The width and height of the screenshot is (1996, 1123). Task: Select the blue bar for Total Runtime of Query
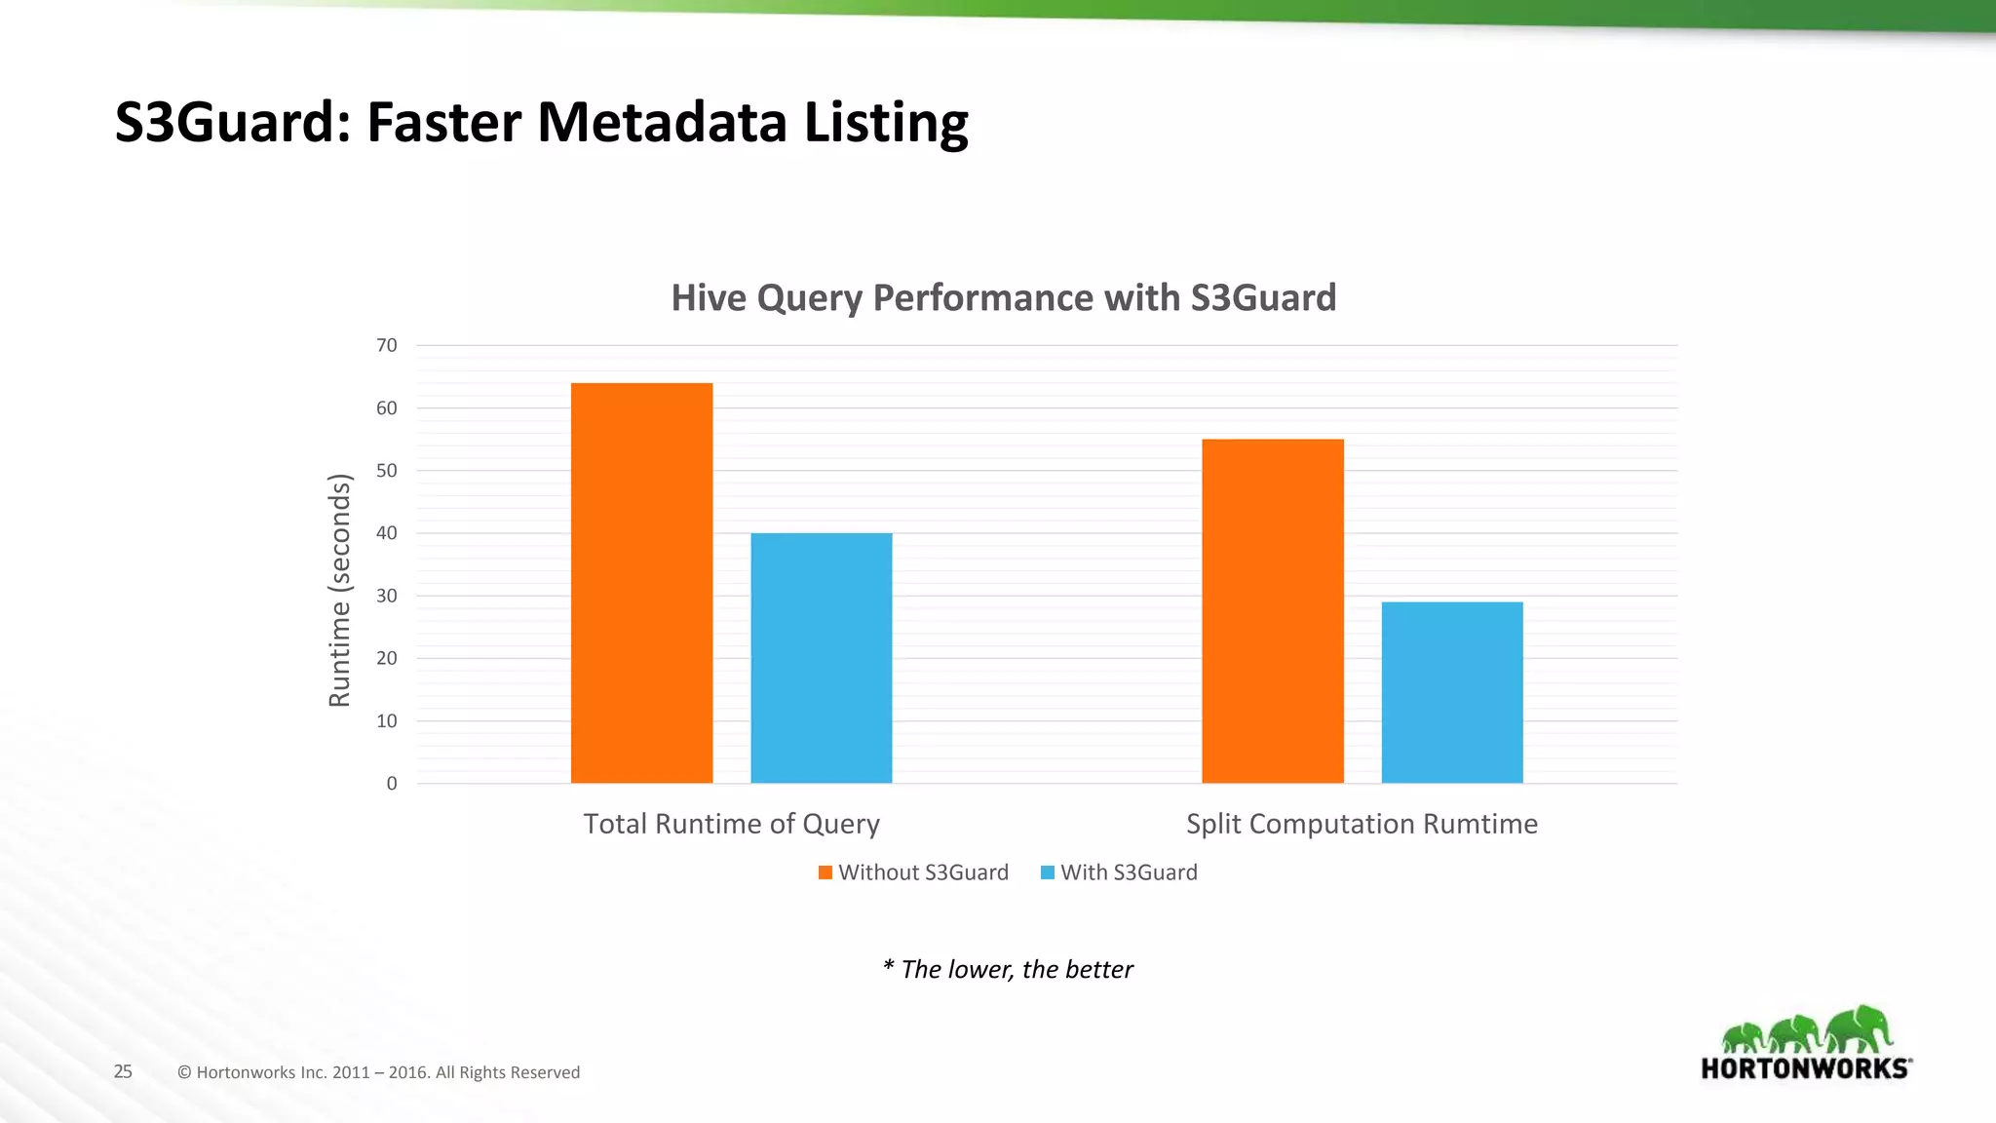[821, 658]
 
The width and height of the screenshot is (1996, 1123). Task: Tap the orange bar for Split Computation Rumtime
[1272, 611]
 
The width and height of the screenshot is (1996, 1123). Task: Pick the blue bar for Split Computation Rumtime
[1451, 692]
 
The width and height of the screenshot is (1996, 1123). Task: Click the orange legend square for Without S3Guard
[825, 872]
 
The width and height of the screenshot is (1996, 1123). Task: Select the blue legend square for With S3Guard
[1048, 872]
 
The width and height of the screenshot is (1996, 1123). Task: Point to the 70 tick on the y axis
[387, 345]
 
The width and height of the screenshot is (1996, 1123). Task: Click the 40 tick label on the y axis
[387, 533]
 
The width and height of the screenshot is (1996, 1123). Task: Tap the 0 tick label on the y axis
[392, 784]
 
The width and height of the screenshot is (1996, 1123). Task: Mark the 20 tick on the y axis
[387, 658]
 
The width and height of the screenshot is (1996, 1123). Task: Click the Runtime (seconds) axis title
[339, 590]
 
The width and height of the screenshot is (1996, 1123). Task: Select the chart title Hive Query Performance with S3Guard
[1003, 297]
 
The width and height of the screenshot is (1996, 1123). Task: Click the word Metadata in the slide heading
[661, 122]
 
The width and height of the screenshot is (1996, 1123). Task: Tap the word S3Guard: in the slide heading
[232, 122]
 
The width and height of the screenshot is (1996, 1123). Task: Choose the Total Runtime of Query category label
[731, 824]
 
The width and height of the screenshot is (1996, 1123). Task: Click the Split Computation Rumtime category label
[1362, 824]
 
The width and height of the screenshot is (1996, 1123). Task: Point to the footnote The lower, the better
[1008, 969]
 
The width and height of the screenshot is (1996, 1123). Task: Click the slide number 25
[123, 1071]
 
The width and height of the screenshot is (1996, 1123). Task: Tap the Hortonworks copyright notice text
[378, 1072]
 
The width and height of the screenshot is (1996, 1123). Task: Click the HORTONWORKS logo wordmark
[1805, 1068]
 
